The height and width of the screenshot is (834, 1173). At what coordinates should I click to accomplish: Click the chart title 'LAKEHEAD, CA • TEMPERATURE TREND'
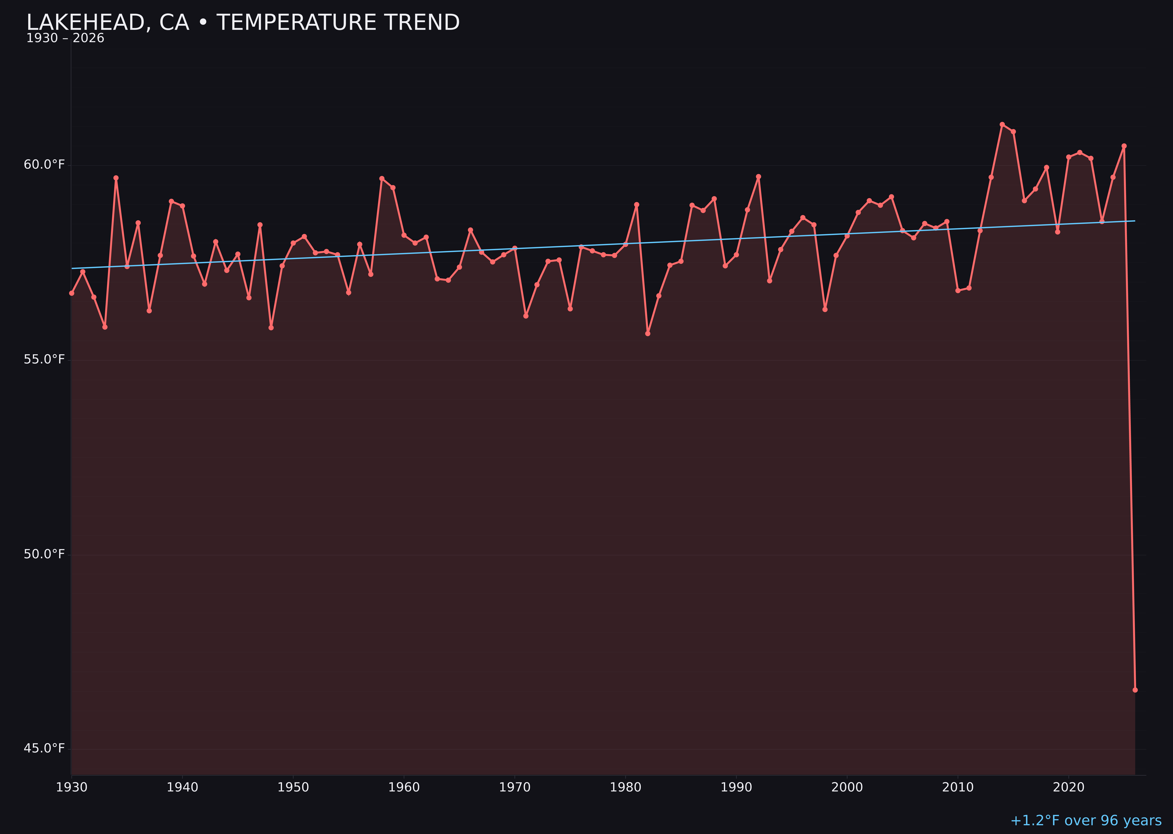click(x=243, y=23)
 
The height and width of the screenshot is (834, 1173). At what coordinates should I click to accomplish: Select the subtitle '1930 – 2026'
click(x=65, y=38)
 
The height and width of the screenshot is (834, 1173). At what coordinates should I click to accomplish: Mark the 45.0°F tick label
click(x=44, y=749)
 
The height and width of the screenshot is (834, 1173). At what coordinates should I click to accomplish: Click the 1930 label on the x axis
click(x=71, y=788)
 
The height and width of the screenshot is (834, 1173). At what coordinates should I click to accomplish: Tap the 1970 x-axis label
click(x=515, y=788)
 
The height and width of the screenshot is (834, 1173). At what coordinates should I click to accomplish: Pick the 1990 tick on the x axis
click(x=736, y=788)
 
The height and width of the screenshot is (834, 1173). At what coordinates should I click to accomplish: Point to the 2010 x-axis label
click(x=958, y=788)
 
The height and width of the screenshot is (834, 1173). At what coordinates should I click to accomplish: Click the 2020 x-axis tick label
click(x=1069, y=788)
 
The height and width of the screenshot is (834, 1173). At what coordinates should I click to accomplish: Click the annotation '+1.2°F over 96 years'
click(x=1086, y=821)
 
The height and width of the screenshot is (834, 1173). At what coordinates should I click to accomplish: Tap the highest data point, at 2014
click(x=1002, y=124)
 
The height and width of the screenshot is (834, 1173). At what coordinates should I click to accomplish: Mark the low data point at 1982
click(x=647, y=334)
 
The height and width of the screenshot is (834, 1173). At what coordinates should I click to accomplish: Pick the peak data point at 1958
click(x=382, y=179)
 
